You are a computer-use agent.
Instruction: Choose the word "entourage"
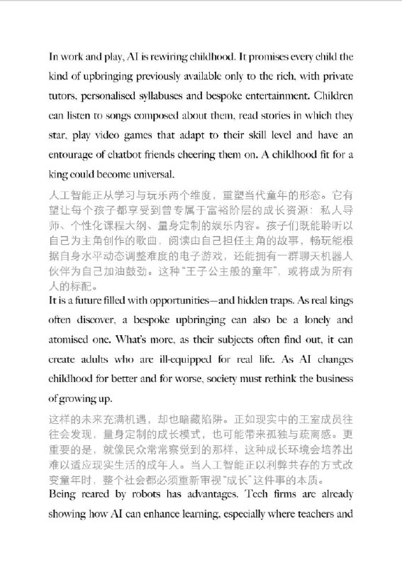[x=74, y=155]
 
